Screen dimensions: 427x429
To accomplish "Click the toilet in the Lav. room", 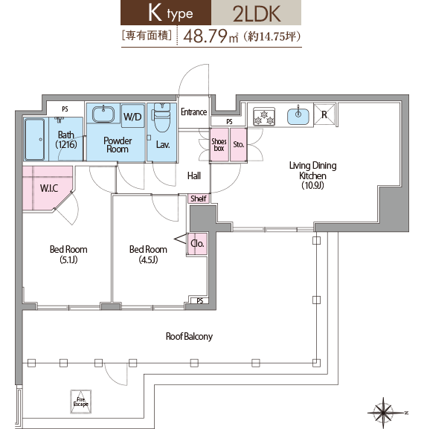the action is click(162, 117).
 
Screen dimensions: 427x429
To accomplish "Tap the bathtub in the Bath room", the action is click(35, 139).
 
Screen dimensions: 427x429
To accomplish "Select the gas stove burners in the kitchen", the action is click(264, 117).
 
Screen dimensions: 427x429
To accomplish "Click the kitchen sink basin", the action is click(298, 117).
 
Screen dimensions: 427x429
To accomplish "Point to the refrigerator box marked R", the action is click(324, 114).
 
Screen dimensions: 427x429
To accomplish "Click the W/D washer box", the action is click(132, 116).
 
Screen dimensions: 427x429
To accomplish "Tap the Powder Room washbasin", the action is click(103, 114).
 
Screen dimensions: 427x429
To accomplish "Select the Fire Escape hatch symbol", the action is click(81, 401).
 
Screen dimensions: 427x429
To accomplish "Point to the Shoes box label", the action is click(219, 145).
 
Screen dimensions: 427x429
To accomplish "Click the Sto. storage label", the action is click(238, 144).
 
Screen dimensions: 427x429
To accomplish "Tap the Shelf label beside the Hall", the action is click(199, 199).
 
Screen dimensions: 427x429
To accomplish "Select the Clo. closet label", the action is click(197, 243).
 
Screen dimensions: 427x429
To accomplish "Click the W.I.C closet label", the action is click(49, 188).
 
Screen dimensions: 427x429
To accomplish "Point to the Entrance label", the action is click(194, 112).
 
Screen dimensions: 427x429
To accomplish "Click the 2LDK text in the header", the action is click(257, 13).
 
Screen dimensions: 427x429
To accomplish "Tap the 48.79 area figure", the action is click(205, 36).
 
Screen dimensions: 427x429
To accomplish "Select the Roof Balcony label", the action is click(189, 336).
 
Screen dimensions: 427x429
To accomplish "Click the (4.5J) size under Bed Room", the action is click(148, 259).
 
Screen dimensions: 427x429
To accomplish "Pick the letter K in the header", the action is click(155, 13).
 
